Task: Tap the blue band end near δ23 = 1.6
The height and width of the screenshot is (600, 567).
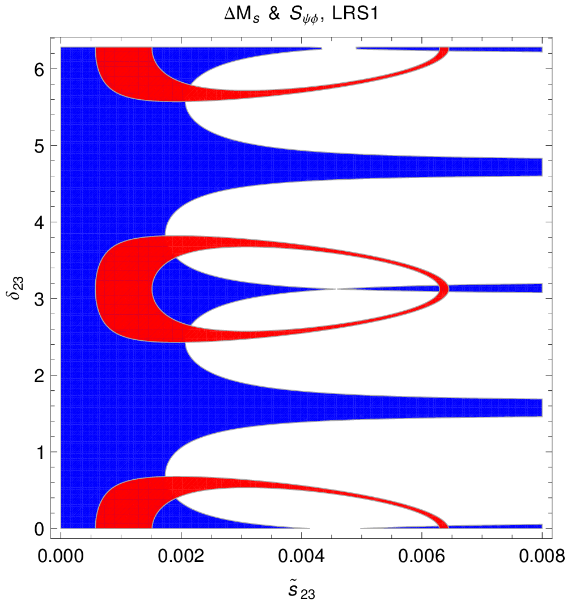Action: pyautogui.click(x=541, y=408)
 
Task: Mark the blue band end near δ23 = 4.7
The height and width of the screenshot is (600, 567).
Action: pyautogui.click(x=541, y=167)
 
